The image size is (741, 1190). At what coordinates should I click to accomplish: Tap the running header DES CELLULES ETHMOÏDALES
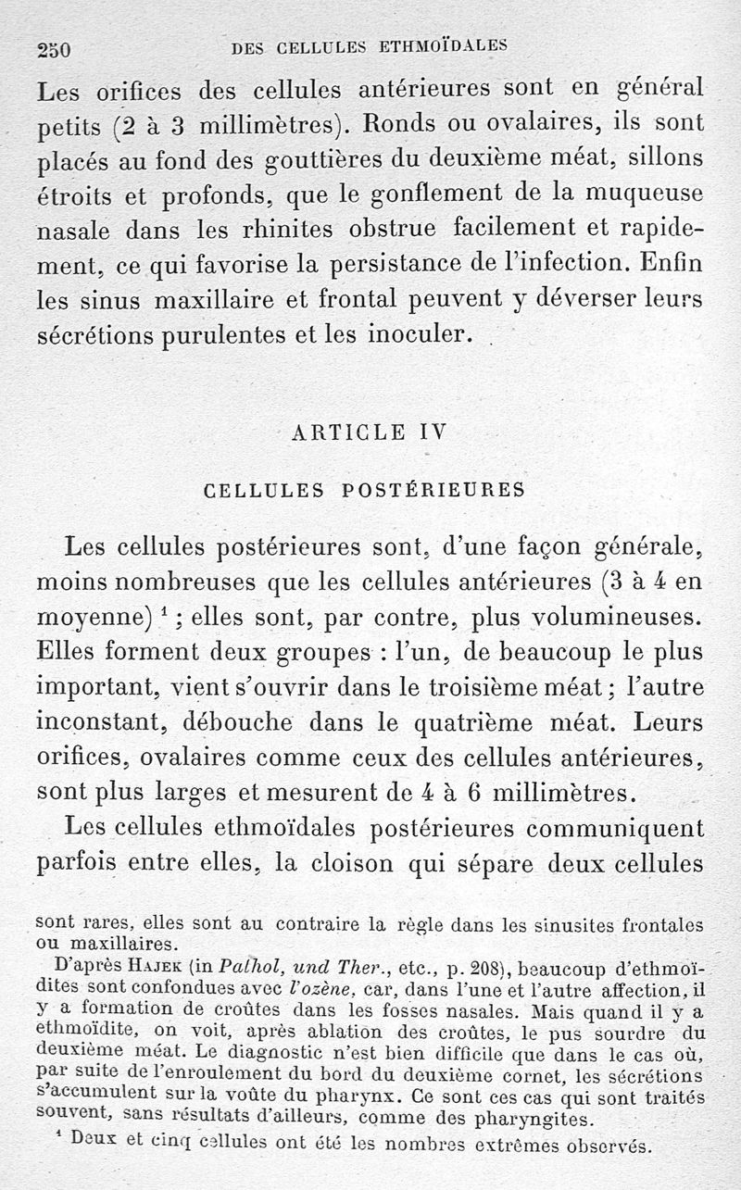370,45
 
